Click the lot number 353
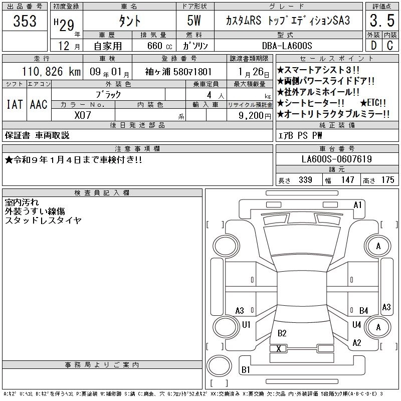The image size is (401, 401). click(25, 22)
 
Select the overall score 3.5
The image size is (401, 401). click(380, 21)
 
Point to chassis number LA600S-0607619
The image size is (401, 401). click(337, 159)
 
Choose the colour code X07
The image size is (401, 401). click(83, 115)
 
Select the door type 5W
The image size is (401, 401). click(195, 22)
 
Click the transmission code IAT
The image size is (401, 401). click(14, 104)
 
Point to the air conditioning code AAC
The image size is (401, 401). click(39, 104)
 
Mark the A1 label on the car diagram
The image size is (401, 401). click(357, 205)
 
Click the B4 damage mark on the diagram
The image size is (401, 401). click(363, 311)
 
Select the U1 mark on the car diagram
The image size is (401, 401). click(246, 325)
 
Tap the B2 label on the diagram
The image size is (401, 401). click(282, 333)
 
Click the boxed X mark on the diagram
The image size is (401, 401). click(279, 348)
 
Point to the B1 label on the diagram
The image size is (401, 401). click(246, 369)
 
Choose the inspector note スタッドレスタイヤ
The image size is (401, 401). click(43, 220)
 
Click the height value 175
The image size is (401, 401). click(387, 180)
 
